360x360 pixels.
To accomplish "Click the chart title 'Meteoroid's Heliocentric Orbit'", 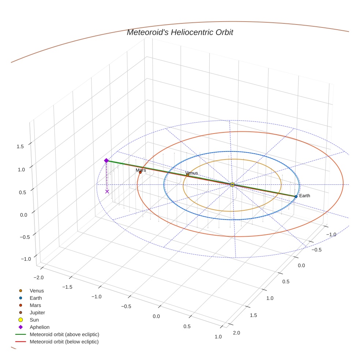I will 180,32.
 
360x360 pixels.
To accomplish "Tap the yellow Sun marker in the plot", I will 232,184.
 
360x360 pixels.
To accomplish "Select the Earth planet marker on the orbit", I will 296,196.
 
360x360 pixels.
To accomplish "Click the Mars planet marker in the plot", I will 140,172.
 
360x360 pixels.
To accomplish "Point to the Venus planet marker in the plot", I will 187,175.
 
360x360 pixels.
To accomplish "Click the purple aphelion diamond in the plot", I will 106,161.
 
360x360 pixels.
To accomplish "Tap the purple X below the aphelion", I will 107,191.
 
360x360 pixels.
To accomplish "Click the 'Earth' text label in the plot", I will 304,196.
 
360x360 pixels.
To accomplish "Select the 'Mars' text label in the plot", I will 141,170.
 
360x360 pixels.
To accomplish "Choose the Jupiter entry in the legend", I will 37,312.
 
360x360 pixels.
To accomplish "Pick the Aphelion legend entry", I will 40,327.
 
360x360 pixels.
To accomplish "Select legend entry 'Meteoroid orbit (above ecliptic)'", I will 64,334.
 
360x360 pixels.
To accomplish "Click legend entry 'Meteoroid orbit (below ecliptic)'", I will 64,342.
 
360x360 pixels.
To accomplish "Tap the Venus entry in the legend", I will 37,290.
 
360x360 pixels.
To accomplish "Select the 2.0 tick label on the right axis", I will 236,333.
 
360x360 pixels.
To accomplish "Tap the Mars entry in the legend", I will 35,305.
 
